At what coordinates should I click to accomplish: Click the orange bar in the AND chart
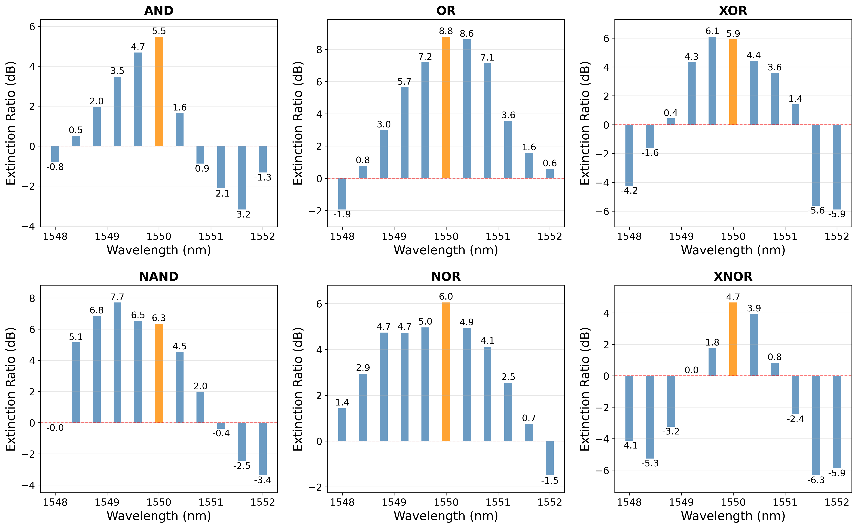coord(159,92)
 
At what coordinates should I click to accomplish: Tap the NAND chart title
coord(159,277)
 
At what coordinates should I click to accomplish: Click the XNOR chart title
coord(733,277)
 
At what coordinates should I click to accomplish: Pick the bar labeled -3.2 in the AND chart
coord(242,177)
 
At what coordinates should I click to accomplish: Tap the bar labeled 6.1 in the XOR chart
coord(712,81)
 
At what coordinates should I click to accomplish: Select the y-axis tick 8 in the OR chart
coord(319,50)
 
